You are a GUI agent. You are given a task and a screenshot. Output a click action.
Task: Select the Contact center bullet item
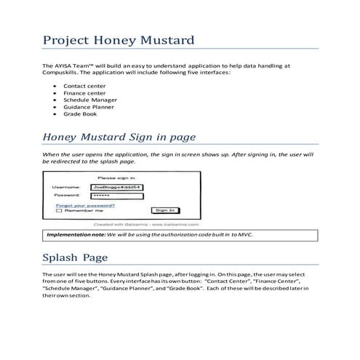coord(84,86)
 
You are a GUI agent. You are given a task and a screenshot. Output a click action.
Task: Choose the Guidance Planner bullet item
coord(89,107)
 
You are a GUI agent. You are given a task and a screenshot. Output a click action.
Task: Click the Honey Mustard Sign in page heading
coord(119,137)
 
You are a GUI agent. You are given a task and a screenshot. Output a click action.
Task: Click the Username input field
coord(116,188)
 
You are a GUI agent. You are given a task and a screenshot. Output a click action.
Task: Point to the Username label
coord(65,188)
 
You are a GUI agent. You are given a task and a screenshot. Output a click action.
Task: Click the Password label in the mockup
coord(66,196)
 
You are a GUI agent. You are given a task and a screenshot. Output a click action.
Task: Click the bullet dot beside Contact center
coord(56,86)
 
